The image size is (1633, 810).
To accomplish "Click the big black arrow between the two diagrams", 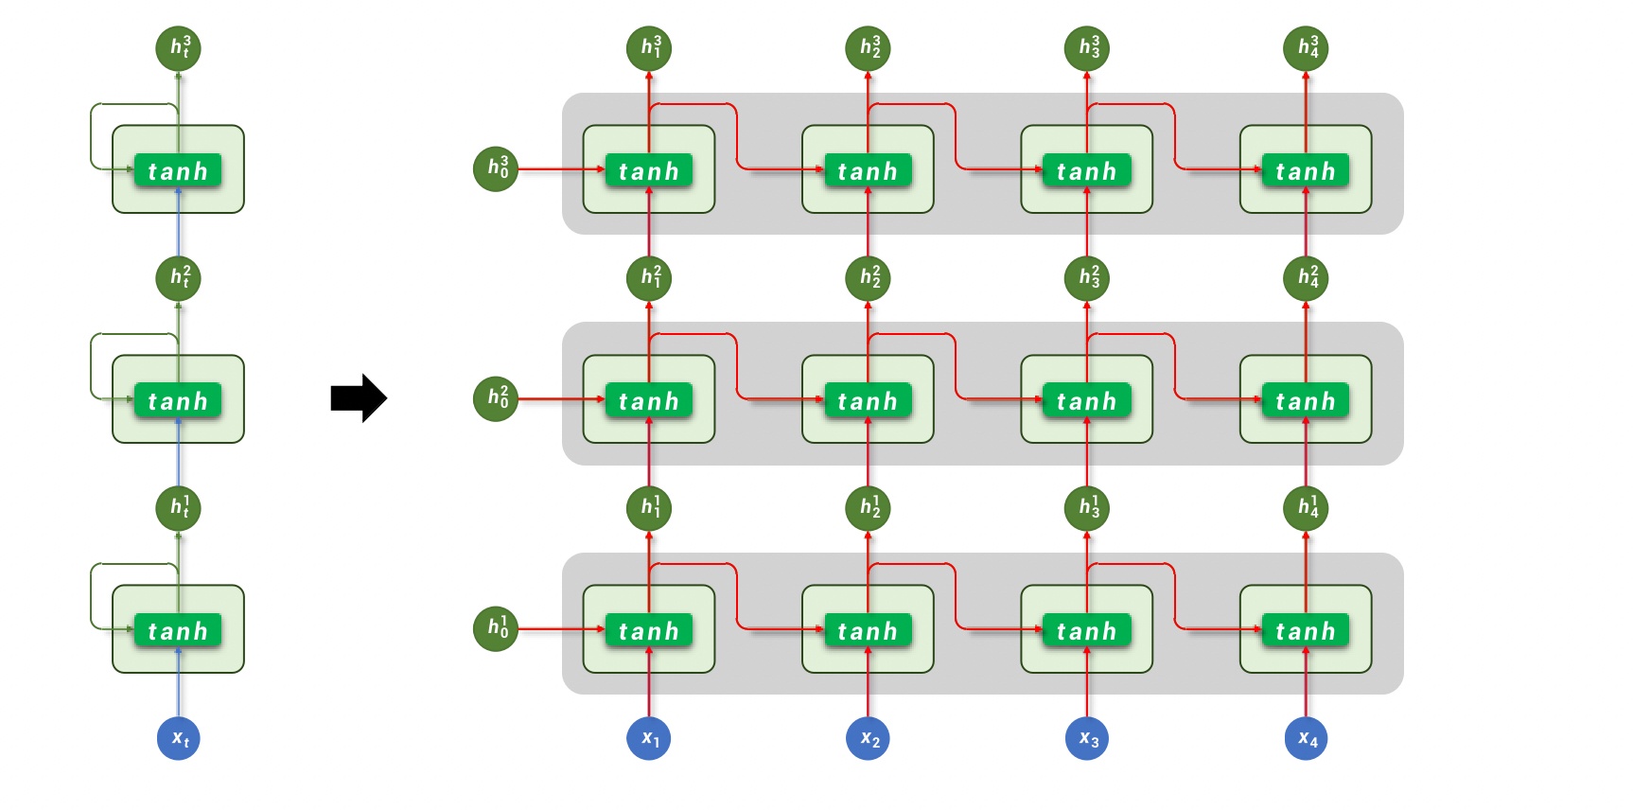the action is click(x=359, y=398).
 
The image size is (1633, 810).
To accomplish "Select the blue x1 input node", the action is click(x=649, y=738).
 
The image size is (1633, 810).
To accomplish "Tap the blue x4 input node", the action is click(x=1306, y=738).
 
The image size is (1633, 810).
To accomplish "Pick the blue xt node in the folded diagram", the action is click(x=179, y=738).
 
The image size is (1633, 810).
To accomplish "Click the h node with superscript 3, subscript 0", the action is click(x=496, y=169).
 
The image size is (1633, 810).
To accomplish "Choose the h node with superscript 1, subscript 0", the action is click(x=496, y=629).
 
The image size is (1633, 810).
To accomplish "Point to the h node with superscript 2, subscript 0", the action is click(x=496, y=399).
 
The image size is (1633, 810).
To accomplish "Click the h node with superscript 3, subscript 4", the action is click(x=1306, y=48).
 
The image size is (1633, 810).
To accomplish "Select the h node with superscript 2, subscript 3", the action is click(x=1087, y=278).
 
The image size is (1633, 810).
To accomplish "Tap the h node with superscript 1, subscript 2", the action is click(x=869, y=508).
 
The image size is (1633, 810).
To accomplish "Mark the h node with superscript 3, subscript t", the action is click(x=179, y=48).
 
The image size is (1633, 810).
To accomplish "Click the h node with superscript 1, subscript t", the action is click(x=179, y=508).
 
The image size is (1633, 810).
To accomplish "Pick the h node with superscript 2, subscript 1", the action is click(x=649, y=278).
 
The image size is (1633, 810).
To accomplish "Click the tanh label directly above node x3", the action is click(x=1087, y=630).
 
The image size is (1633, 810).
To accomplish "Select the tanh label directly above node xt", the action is click(x=178, y=630).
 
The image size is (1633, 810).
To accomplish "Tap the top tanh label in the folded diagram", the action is click(x=178, y=170).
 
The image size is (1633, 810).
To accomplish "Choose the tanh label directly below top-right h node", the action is click(x=1306, y=170).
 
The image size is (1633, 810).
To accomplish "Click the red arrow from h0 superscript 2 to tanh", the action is click(x=562, y=399).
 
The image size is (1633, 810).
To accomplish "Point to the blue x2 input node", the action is click(x=869, y=738).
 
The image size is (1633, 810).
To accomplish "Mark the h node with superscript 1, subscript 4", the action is click(x=1306, y=508).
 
